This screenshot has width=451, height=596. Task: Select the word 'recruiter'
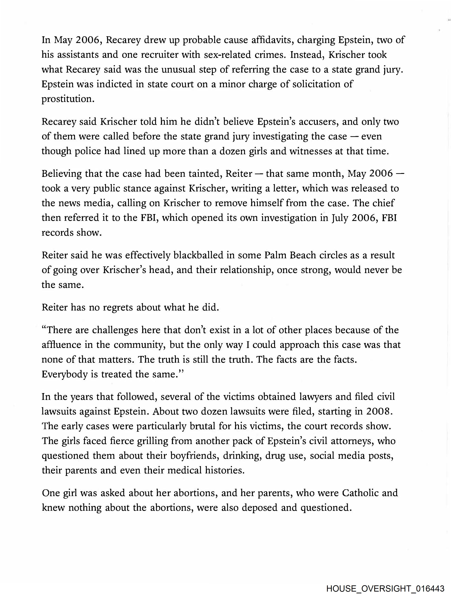(x=160, y=55)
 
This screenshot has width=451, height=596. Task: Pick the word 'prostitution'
(x=68, y=99)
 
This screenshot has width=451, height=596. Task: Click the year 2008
(x=378, y=412)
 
